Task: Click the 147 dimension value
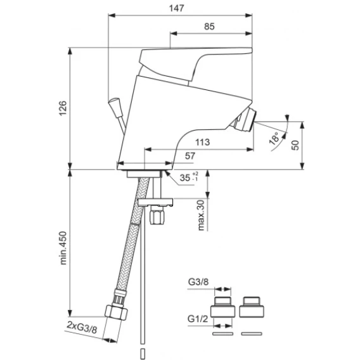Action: coord(177,8)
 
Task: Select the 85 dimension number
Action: coord(209,27)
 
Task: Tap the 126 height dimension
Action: coord(63,108)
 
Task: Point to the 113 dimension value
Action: coord(203,143)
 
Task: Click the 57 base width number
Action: coord(190,156)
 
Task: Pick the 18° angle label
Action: coord(275,138)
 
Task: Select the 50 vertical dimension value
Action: coord(295,145)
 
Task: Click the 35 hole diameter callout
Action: coord(188,177)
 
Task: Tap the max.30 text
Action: coord(201,215)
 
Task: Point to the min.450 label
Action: coord(63,248)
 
